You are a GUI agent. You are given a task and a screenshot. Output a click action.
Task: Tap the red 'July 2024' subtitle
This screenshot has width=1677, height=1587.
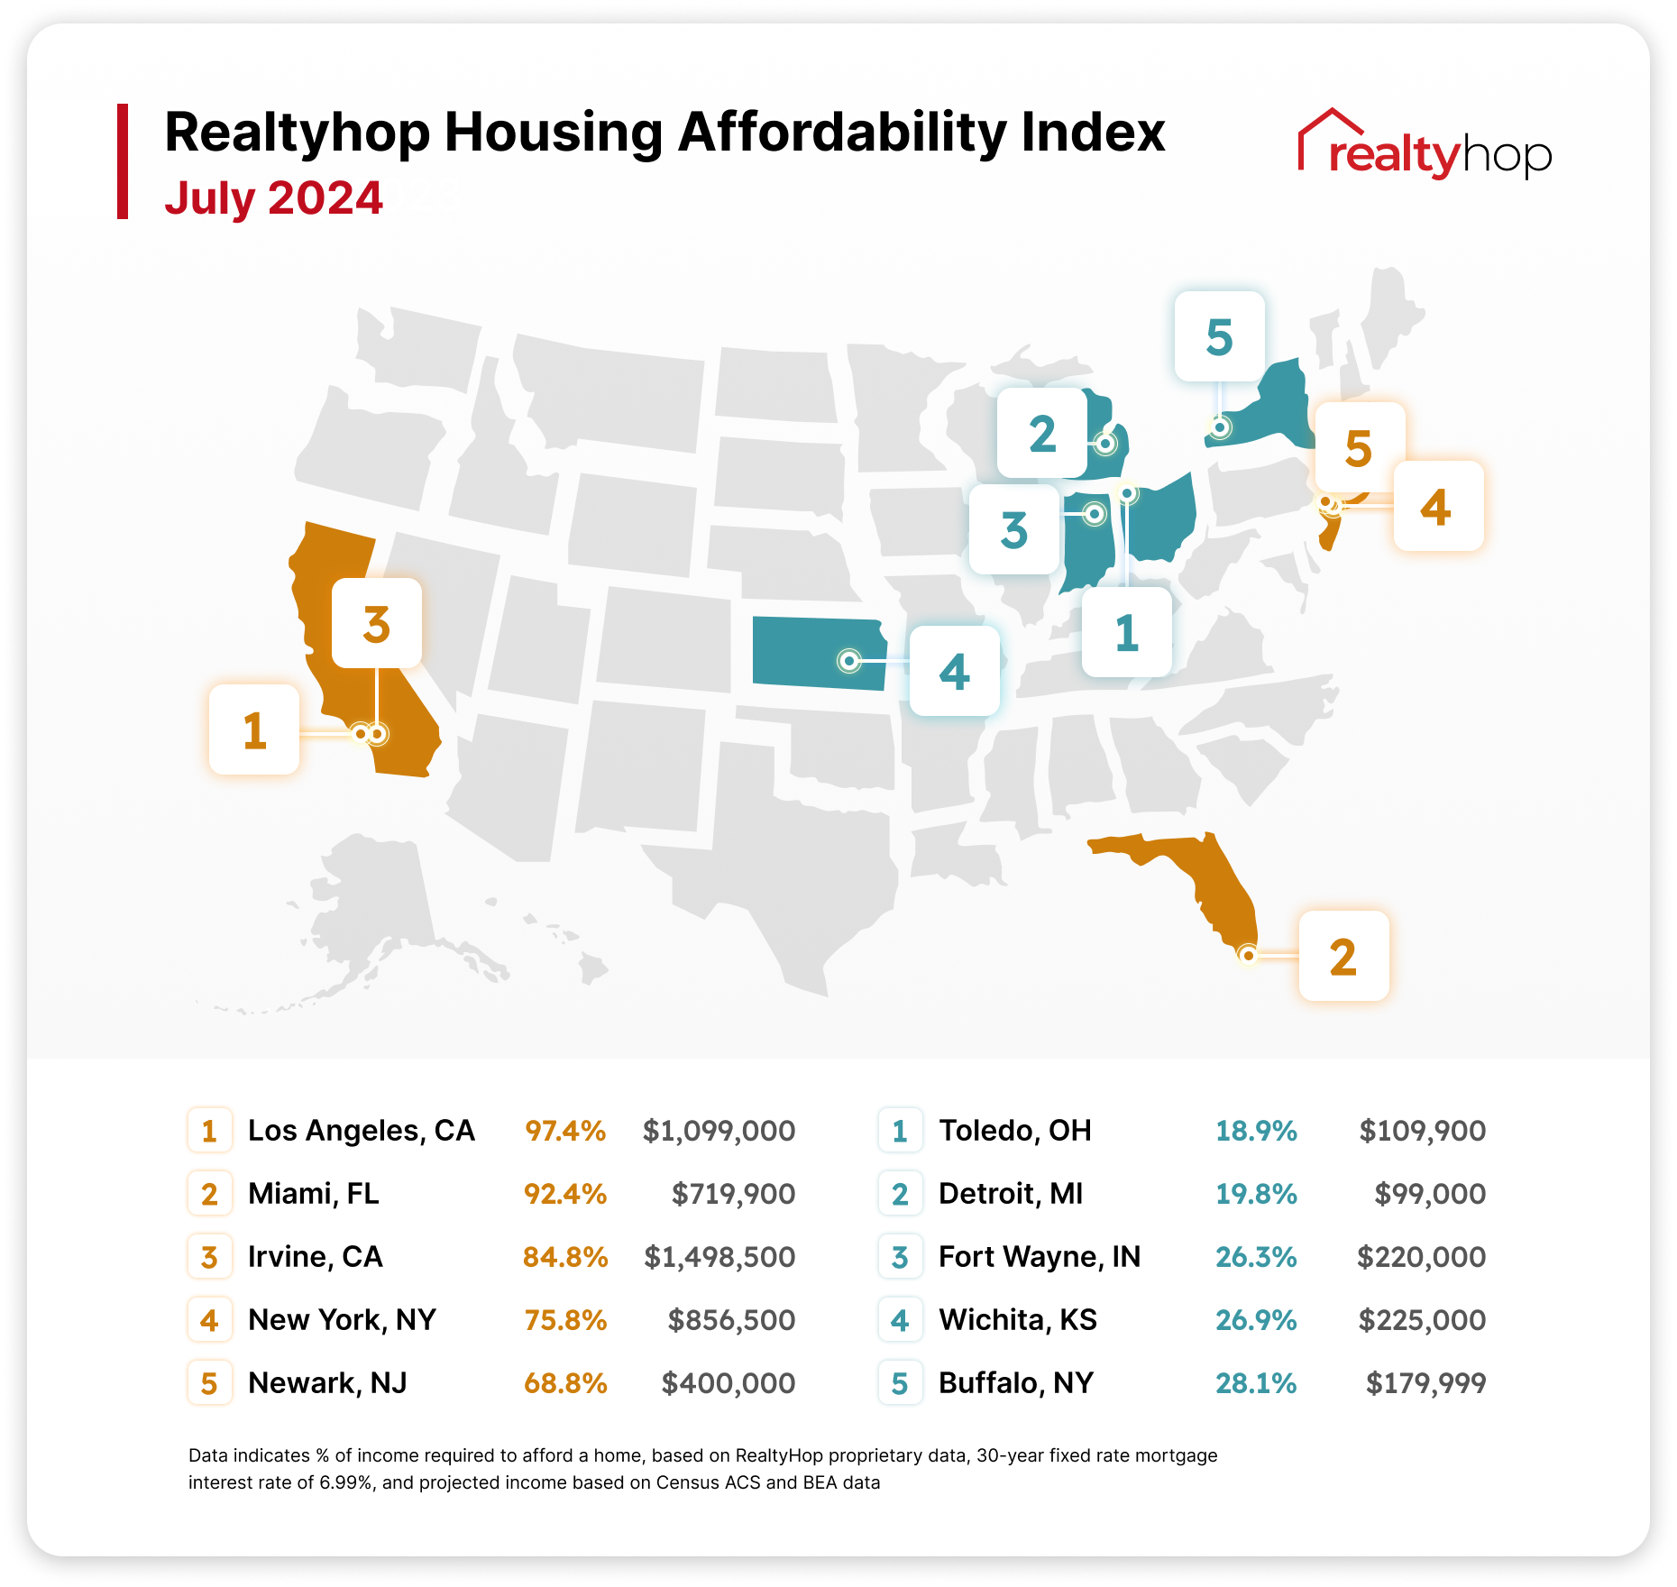[273, 198]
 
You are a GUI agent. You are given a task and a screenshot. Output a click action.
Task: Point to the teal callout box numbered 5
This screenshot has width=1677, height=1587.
[1219, 336]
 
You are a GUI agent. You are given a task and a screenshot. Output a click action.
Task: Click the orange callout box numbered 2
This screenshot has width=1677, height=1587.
[1343, 956]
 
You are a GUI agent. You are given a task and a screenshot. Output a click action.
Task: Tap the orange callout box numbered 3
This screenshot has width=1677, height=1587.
[377, 623]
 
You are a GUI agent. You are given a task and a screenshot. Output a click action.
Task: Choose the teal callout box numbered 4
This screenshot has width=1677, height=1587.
[954, 671]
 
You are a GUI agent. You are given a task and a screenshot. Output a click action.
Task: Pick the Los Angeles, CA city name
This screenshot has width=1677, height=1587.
[361, 1131]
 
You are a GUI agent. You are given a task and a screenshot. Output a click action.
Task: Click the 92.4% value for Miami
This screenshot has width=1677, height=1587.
[565, 1194]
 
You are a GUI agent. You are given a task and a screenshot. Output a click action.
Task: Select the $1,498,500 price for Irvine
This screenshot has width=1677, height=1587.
[719, 1257]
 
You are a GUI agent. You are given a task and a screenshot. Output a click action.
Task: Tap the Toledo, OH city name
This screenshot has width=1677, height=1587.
[1015, 1131]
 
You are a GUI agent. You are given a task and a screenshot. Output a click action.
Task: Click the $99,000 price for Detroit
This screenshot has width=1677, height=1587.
[1430, 1194]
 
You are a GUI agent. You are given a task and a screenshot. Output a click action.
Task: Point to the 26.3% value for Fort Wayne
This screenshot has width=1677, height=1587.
[1256, 1257]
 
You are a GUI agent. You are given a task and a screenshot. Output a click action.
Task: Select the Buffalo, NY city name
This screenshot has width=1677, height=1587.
[1016, 1383]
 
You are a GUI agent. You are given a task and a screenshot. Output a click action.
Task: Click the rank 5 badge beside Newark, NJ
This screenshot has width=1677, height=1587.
[209, 1383]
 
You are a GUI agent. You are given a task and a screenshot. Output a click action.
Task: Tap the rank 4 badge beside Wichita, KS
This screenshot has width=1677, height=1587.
[900, 1320]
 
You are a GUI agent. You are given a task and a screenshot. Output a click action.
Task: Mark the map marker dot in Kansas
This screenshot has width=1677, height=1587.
[848, 661]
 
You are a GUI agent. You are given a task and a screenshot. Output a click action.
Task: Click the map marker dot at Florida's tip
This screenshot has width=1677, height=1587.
[1248, 955]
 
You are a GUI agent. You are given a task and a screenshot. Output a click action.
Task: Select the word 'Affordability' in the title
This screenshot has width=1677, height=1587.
[841, 133]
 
